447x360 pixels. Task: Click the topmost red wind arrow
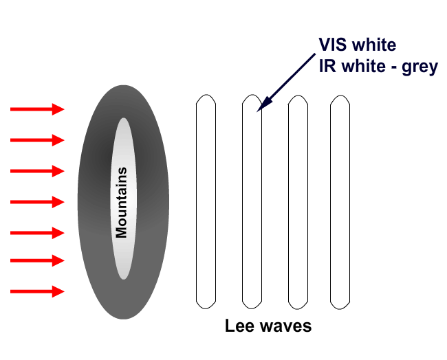tap(37, 109)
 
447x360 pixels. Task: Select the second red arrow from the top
tap(37, 140)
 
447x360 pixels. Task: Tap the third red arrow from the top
tap(37, 171)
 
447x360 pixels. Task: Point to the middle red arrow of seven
tap(37, 202)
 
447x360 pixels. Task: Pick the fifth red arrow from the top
tap(37, 232)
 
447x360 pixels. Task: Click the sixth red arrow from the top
tap(37, 261)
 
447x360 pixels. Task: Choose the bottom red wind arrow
tap(37, 291)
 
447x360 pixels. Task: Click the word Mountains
tap(122, 202)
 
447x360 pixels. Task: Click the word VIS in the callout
tap(333, 46)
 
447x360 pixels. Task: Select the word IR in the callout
tap(327, 67)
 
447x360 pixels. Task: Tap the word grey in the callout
tap(419, 68)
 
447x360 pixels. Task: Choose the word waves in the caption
tap(285, 326)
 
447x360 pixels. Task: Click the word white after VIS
tap(375, 46)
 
